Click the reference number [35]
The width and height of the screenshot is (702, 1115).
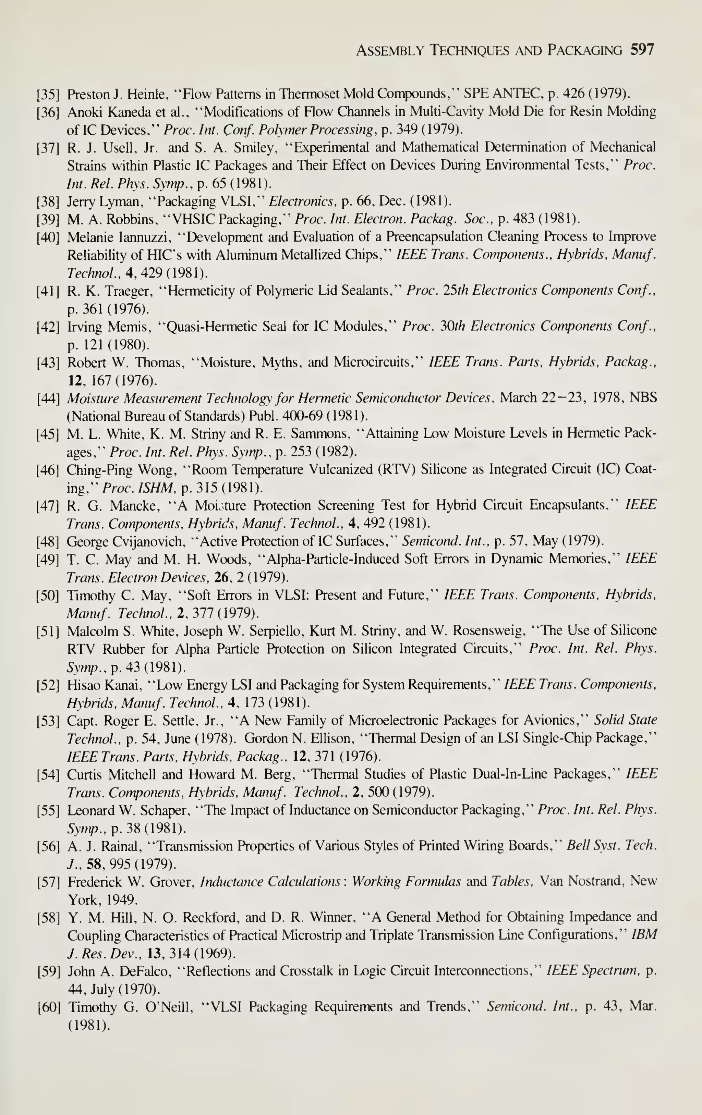[48, 95]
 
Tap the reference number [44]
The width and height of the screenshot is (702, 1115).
[48, 398]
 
